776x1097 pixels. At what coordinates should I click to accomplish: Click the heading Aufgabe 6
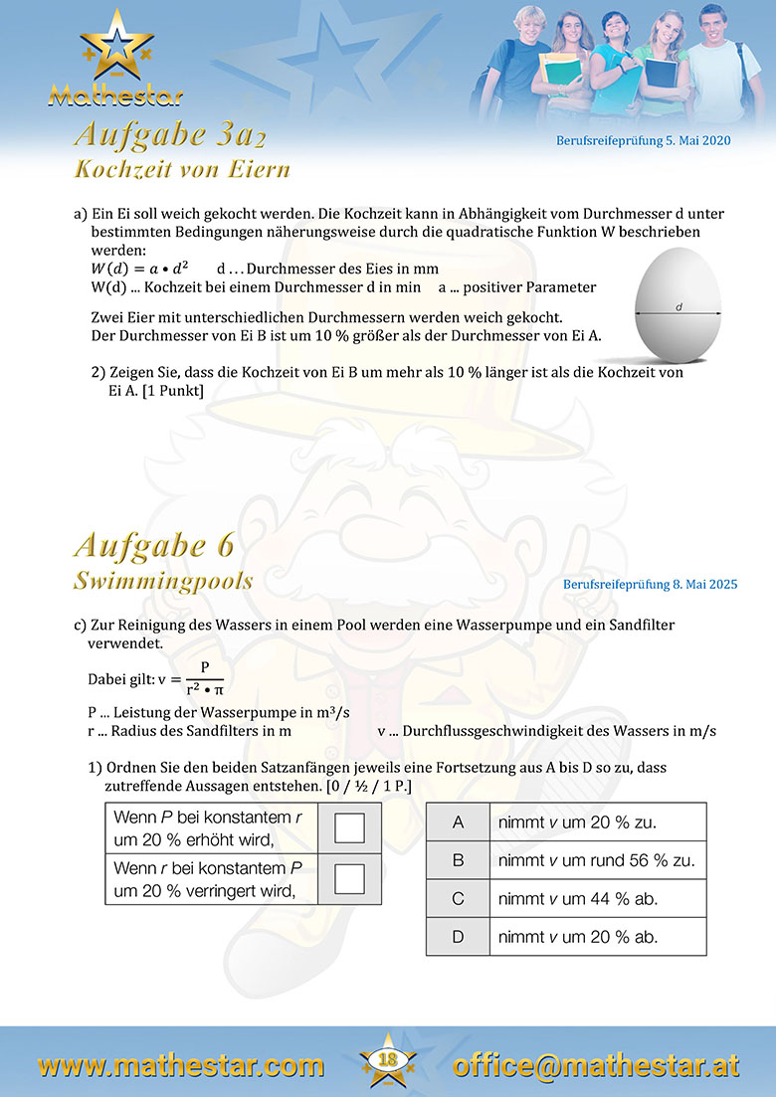tap(154, 546)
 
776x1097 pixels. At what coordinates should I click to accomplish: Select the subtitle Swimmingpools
tap(163, 580)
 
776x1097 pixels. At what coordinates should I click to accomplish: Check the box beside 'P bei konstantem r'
tap(349, 828)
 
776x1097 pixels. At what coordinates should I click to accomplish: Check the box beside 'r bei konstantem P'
tap(349, 879)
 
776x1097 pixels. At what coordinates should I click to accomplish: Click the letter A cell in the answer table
tap(458, 823)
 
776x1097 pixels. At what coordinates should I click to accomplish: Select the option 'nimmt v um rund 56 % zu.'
tap(596, 860)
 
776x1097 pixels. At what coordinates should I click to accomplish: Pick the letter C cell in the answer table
tap(458, 899)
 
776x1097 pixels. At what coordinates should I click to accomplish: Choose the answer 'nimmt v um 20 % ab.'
tap(577, 937)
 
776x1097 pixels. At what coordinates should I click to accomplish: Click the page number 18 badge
tap(387, 1060)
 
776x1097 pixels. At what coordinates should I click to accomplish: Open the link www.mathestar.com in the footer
tap(181, 1066)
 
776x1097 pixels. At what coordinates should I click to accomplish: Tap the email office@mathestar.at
tap(596, 1066)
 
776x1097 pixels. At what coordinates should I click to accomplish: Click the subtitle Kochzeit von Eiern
tap(182, 169)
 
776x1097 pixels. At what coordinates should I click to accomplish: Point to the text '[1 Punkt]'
tap(172, 391)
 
